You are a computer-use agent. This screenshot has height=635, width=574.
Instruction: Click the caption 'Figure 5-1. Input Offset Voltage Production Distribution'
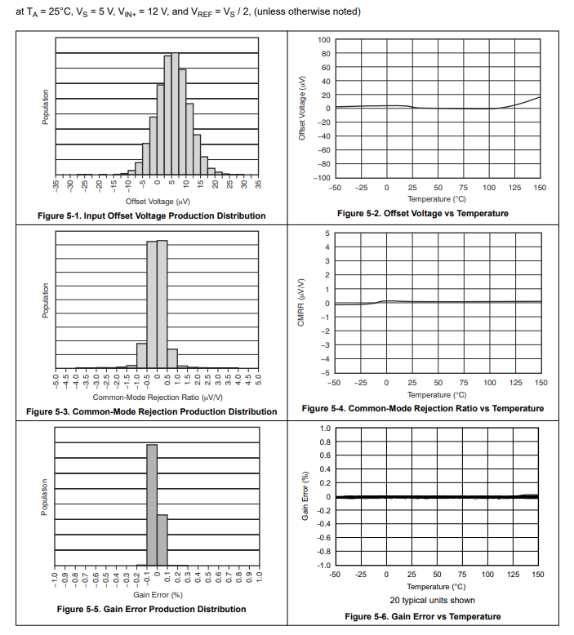152,215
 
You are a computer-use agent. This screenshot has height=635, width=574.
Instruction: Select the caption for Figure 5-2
422,213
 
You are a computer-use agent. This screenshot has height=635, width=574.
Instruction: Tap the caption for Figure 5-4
422,408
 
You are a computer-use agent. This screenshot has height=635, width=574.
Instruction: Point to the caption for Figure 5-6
422,616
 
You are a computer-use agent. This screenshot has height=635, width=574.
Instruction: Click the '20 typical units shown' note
437,600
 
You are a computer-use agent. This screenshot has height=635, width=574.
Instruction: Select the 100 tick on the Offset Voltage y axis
324,40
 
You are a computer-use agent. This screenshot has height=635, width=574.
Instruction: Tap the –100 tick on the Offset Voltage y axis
323,177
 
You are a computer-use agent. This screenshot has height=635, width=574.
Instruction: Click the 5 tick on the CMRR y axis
327,233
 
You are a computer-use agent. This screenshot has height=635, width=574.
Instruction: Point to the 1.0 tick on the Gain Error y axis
325,428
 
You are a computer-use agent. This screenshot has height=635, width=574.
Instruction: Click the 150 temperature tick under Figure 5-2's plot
540,188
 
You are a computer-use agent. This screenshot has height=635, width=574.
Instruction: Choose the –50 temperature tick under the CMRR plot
334,382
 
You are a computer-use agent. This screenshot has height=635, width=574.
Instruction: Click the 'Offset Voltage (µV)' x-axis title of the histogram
158,201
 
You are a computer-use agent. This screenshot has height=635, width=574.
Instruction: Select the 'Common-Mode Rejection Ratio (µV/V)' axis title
158,397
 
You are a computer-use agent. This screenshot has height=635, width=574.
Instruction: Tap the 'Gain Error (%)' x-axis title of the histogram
158,595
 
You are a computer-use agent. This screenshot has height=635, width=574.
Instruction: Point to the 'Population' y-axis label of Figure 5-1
46,107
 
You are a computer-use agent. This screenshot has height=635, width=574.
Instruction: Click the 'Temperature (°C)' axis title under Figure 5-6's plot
437,587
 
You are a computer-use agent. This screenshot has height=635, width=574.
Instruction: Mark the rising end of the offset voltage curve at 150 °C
538,98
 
